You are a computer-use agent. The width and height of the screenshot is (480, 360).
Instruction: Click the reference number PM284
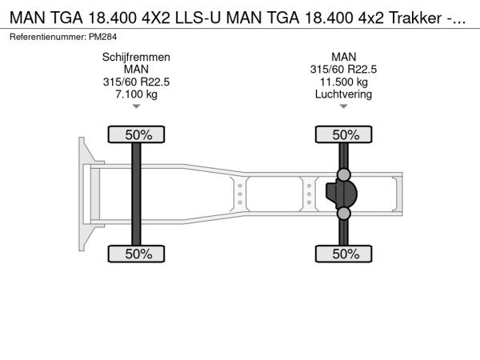coord(103,37)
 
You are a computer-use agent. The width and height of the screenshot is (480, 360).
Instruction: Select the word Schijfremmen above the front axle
coord(136,58)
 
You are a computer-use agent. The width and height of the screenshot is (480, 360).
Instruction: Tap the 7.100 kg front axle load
coord(136,94)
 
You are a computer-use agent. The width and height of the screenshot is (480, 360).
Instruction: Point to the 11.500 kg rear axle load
coord(343,82)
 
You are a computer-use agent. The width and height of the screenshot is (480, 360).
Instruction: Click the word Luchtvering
coord(343,94)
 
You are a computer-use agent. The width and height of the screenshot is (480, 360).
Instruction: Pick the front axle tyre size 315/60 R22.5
coord(136,82)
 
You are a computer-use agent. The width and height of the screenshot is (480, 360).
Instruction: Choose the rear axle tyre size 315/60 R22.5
coord(343,70)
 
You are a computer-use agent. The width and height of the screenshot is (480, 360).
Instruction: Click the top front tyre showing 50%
coord(136,134)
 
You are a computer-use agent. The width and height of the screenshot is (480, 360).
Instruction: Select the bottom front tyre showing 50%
coord(136,254)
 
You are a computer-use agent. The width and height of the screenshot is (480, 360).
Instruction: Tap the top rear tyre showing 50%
coord(343,134)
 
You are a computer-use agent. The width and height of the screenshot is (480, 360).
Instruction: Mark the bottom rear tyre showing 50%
coord(343,254)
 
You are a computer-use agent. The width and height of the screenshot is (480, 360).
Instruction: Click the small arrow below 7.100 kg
coord(136,106)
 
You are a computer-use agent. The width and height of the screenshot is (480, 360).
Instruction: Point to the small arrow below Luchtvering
coord(343,106)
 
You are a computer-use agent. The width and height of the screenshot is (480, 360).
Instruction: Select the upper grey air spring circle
coord(343,174)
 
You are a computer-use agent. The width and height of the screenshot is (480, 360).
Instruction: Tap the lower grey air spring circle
coord(343,214)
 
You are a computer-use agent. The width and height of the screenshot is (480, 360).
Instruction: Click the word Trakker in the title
coord(414,18)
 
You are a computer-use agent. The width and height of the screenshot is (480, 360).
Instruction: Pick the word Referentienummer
coord(48,37)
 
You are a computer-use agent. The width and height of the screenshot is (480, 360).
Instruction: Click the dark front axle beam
coord(136,194)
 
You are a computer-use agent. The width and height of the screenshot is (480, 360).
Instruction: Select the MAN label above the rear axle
coord(343,58)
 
